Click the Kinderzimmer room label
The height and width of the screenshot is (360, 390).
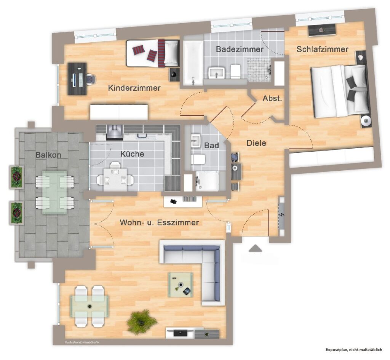click(x=134, y=88)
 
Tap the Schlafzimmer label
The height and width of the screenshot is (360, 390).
click(x=322, y=49)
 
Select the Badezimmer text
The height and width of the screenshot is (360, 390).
click(x=240, y=49)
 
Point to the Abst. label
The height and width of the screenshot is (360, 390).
click(x=272, y=98)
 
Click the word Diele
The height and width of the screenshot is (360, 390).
click(x=256, y=143)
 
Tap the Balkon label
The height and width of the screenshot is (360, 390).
click(x=48, y=155)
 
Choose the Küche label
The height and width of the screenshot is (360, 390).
click(x=132, y=154)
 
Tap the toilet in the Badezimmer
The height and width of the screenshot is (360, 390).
click(x=235, y=71)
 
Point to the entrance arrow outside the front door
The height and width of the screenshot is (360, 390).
click(x=255, y=248)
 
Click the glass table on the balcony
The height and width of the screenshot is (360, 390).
click(x=54, y=192)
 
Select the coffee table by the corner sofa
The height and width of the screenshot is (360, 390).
click(x=181, y=285)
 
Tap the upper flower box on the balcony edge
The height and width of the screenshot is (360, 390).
click(x=17, y=177)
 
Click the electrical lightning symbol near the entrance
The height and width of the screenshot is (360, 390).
click(x=282, y=215)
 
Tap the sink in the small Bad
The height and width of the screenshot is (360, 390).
click(x=196, y=141)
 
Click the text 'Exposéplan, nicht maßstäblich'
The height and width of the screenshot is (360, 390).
click(x=354, y=350)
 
